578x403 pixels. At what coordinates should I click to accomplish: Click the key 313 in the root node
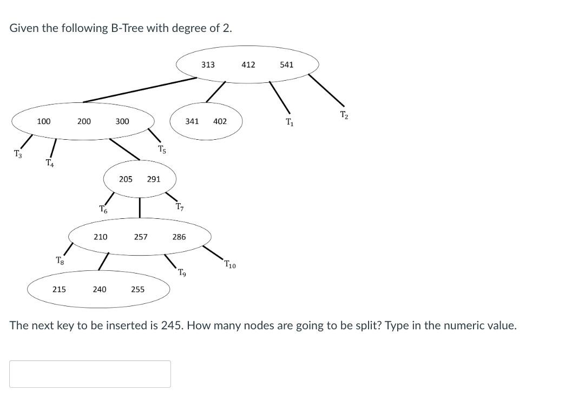click(x=208, y=65)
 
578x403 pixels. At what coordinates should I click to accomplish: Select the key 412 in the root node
click(x=248, y=65)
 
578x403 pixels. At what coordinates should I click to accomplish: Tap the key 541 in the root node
click(x=287, y=65)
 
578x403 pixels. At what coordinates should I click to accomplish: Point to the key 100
click(x=44, y=121)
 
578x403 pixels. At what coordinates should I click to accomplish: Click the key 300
click(x=122, y=121)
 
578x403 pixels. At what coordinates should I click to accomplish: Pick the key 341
click(x=192, y=121)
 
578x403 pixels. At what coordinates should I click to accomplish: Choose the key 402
click(x=220, y=121)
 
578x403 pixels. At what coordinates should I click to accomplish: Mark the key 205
click(x=126, y=179)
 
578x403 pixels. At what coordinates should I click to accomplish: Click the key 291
click(x=154, y=179)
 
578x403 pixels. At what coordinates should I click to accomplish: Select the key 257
click(x=141, y=237)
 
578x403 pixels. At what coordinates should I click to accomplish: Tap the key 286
click(x=179, y=237)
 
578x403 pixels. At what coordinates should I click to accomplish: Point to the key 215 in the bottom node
click(x=59, y=289)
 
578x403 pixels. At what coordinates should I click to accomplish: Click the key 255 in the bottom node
click(x=138, y=289)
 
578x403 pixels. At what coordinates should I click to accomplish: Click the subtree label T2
click(x=344, y=114)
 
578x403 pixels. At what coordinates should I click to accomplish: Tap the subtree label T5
click(x=162, y=149)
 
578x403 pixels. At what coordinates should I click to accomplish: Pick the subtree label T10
click(x=229, y=265)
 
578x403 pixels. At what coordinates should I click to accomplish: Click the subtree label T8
click(x=60, y=261)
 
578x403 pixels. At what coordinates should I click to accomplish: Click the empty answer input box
click(x=90, y=374)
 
